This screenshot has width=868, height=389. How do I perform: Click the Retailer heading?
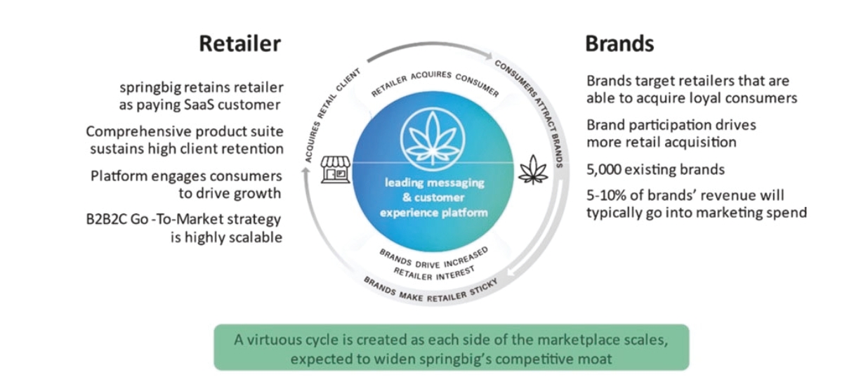click(239, 44)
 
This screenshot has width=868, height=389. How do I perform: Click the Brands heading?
click(619, 44)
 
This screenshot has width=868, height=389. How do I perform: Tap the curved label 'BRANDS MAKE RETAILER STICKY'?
click(429, 289)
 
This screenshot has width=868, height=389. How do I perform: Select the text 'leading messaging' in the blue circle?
click(434, 183)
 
